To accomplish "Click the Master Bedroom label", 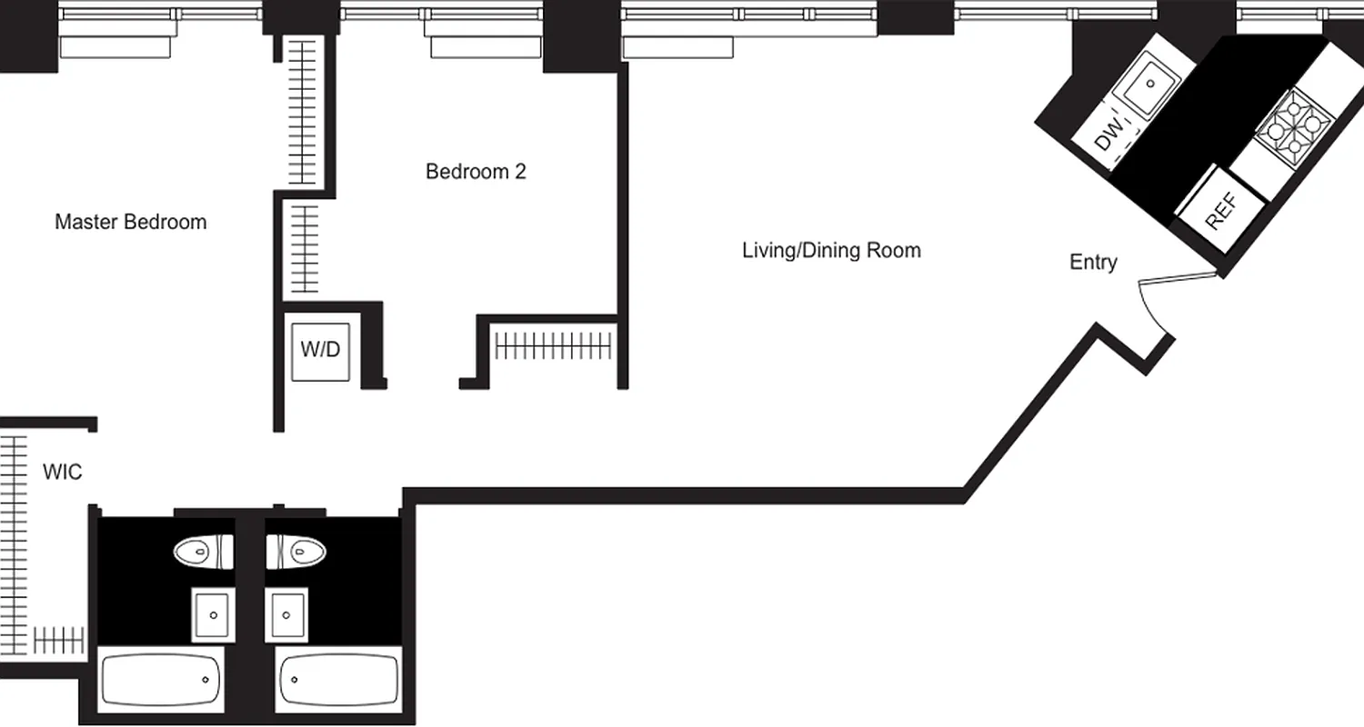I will (x=130, y=222).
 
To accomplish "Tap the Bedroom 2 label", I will (x=476, y=171).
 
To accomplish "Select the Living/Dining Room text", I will (x=831, y=250).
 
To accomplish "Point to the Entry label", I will (x=1093, y=262).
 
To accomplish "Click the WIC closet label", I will (x=63, y=473).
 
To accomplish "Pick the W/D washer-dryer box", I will (x=320, y=349).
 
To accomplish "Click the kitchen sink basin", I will (x=1149, y=84).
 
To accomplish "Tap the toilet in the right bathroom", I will (x=296, y=550).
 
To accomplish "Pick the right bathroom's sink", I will (x=288, y=613).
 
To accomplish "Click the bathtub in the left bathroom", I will (x=161, y=678).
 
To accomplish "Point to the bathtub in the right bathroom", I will (x=338, y=678).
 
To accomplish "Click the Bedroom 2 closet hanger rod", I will (x=554, y=345).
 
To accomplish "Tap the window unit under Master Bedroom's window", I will (x=116, y=47).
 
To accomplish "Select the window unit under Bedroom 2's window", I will (x=483, y=47).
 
